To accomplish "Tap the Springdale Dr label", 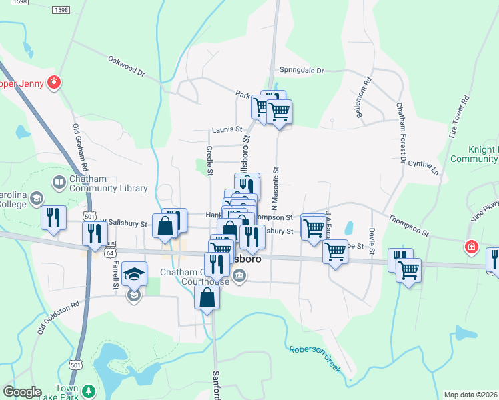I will (x=301, y=70).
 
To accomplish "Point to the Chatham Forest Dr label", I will (x=400, y=133).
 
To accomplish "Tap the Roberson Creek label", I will (x=314, y=359).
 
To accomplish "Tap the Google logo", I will (x=21, y=392).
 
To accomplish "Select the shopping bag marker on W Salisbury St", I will (x=165, y=225).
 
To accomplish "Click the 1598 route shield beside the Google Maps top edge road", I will (x=61, y=10).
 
